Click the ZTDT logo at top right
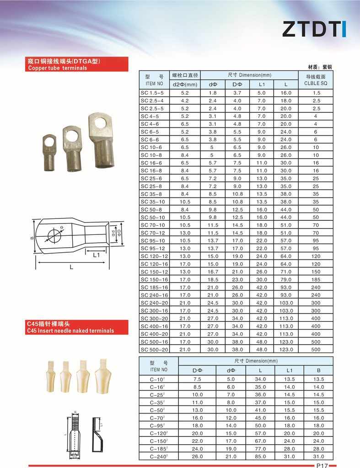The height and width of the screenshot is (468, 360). coord(314,28)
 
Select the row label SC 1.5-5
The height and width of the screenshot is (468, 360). coord(152,93)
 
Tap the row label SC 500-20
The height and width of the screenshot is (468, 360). coord(155,350)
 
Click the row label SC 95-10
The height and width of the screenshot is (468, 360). coord(155,241)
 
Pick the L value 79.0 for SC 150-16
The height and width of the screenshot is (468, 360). coord(286,280)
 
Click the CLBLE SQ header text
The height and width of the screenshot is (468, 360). coord(316,83)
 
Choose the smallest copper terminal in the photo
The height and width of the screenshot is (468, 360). coord(49,152)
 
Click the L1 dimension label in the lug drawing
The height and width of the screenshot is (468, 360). coord(96,255)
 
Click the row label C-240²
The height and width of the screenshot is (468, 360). coord(158,457)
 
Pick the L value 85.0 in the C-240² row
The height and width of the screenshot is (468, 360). coord(260,457)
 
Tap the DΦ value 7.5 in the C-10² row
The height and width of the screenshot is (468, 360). coord(197,379)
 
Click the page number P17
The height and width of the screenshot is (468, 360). coord(322,465)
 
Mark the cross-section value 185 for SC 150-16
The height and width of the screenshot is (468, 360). coord(316,280)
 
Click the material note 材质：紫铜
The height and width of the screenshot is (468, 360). coord(320,67)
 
